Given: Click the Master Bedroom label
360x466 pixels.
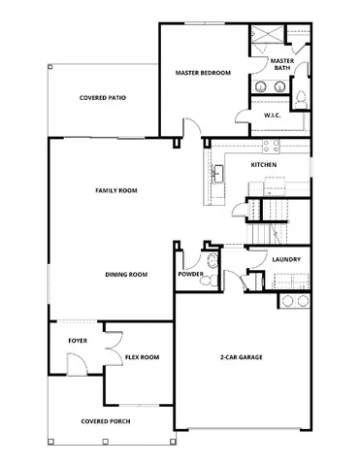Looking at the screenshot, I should [202, 73].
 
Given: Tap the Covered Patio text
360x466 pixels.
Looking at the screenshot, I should [102, 98].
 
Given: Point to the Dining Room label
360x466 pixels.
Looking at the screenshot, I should [126, 275].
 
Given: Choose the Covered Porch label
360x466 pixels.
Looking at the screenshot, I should [108, 420].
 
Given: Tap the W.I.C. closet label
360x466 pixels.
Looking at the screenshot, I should [273, 116].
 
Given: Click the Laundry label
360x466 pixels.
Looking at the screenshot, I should [285, 259].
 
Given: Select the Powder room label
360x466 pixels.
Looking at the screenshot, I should [190, 275].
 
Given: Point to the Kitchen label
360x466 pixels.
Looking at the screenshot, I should [264, 165].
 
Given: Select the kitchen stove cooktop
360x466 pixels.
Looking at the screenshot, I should [269, 148].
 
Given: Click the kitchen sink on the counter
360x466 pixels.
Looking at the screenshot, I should [219, 173].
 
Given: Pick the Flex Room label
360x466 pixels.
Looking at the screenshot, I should [142, 357].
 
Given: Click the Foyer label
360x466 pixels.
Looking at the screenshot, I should [77, 341].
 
